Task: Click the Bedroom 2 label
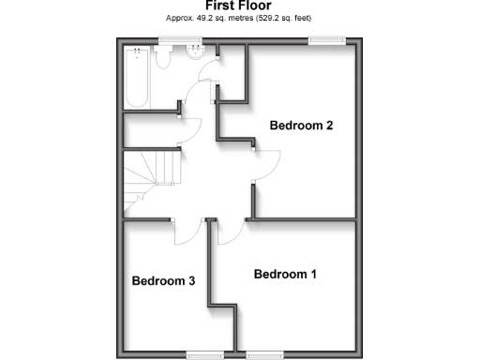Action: tap(302, 126)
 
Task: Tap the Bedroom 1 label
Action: tap(286, 275)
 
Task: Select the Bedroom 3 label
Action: tap(163, 280)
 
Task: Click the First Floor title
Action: tap(239, 6)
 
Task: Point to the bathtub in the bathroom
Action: tap(137, 80)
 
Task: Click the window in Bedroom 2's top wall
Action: tap(326, 39)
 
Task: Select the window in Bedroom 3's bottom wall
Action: tap(199, 353)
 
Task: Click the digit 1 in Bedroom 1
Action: tap(314, 275)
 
